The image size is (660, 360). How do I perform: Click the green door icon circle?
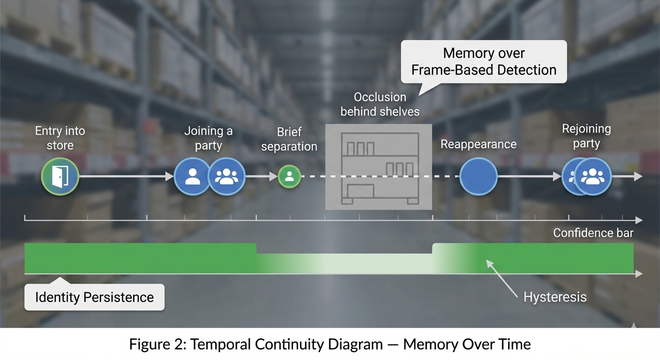pos(60,177)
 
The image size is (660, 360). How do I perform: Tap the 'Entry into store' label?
pos(60,138)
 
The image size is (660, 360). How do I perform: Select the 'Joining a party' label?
pos(208,138)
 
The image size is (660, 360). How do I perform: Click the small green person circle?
pos(289,177)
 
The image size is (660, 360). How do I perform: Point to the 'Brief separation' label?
pos(289,139)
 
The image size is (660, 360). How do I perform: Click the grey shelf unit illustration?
pos(379,167)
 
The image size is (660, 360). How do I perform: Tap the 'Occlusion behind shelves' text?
pos(380,104)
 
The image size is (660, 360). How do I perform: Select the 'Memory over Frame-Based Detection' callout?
pos(484,62)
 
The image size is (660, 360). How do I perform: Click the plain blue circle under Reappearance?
pos(478,177)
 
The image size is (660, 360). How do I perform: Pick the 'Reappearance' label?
pos(478,144)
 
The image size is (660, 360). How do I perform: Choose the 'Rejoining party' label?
pos(586,136)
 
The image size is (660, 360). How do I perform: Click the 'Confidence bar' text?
pos(593,233)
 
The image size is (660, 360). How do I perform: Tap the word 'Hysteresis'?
pos(555,297)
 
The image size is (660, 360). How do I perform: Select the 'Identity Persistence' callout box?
pos(95,297)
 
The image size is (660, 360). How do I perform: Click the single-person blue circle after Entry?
pos(192,177)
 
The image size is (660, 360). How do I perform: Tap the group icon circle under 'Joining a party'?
pos(227,177)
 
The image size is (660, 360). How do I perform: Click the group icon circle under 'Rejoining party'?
pos(593,177)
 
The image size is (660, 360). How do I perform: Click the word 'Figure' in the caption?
pos(149,345)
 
